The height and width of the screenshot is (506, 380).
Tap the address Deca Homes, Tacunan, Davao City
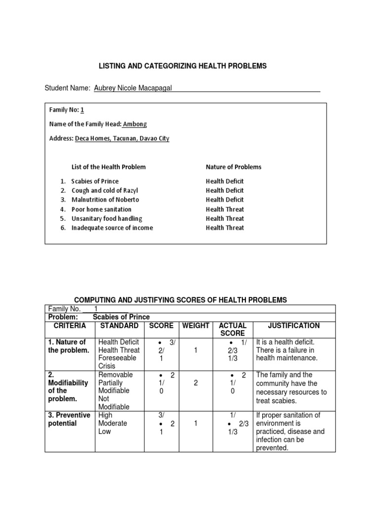(x=122, y=139)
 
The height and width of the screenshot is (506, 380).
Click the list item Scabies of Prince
(x=95, y=181)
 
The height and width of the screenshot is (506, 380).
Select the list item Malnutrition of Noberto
(x=105, y=200)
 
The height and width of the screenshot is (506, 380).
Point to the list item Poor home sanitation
(x=101, y=209)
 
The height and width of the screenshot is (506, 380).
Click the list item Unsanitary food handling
(x=106, y=218)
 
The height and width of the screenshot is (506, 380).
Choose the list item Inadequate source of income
(x=112, y=228)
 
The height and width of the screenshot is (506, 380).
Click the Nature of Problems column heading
(x=234, y=167)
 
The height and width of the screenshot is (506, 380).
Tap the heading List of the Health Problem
(x=109, y=167)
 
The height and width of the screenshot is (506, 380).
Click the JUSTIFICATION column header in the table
(x=294, y=326)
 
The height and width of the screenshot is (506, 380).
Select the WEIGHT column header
(x=196, y=326)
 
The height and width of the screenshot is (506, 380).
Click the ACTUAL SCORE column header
(x=233, y=330)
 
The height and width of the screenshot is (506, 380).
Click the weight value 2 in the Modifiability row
(x=196, y=383)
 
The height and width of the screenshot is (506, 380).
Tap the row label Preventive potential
(x=69, y=419)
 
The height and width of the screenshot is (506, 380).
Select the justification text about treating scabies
(x=291, y=388)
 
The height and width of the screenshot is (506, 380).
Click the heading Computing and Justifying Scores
(x=180, y=300)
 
